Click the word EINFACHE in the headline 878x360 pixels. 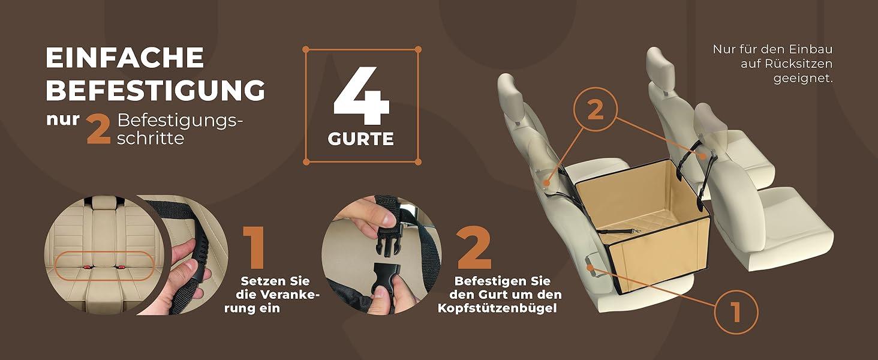125,58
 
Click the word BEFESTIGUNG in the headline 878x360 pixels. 155,90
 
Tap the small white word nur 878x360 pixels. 63,119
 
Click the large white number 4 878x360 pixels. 361,95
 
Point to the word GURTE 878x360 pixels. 360,139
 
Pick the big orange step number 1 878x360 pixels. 254,247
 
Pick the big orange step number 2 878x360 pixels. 474,247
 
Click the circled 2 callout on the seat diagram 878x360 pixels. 596,109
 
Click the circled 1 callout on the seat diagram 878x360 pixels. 736,312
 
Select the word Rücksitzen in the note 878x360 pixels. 786,64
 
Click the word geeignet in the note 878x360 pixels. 803,78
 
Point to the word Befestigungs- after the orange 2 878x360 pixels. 180,121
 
